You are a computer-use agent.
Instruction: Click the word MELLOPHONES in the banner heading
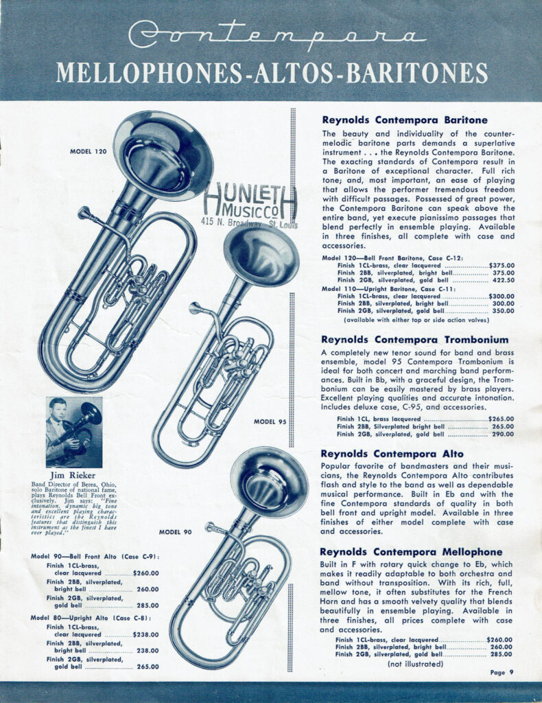tap(147, 72)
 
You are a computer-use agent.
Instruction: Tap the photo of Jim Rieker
tap(74, 432)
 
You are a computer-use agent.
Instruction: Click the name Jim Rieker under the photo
tap(74, 475)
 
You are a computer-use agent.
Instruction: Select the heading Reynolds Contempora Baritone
tap(405, 119)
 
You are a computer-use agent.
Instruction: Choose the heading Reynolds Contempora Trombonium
tap(414, 339)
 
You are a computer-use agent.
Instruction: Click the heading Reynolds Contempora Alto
tap(392, 454)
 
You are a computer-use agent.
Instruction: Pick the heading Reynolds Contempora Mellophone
tap(411, 552)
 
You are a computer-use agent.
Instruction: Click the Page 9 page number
tap(502, 672)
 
